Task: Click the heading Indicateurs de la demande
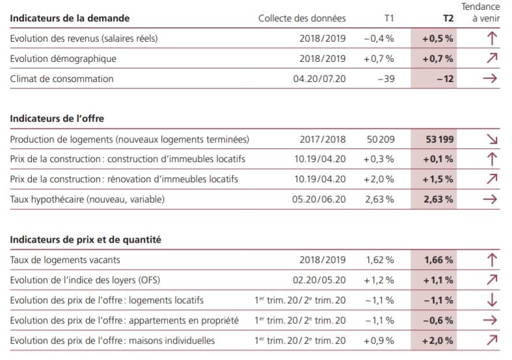(x=70, y=18)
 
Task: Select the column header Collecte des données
(x=302, y=18)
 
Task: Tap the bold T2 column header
(x=448, y=18)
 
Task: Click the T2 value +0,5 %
(x=438, y=38)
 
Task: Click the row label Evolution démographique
(x=64, y=59)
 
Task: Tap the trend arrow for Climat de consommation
(x=491, y=79)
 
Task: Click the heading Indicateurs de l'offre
(x=57, y=118)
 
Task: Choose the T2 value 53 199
(x=439, y=139)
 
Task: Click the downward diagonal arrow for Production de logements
(x=492, y=139)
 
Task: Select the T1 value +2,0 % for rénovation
(x=379, y=179)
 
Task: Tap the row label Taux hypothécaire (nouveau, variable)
(x=88, y=199)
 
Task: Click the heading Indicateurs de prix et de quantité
(x=86, y=240)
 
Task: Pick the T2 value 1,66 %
(x=438, y=260)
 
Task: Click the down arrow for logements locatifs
(x=492, y=300)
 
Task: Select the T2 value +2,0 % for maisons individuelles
(x=438, y=340)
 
